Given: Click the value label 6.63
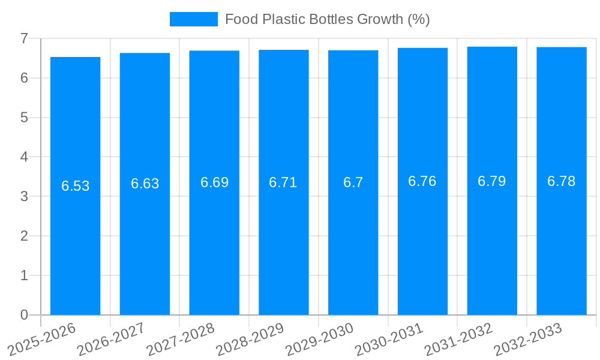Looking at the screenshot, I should (x=145, y=184).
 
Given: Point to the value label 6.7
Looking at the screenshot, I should (x=353, y=182).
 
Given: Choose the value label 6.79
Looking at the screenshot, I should (x=491, y=181).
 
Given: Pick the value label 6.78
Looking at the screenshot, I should (x=561, y=181).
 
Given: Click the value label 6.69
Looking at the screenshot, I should (x=214, y=182).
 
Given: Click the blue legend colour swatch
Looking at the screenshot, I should (x=193, y=19).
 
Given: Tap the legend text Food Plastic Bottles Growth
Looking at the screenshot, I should (x=327, y=19).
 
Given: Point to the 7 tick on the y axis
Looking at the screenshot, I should (x=24, y=38).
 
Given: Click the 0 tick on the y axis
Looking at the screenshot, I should (x=24, y=315).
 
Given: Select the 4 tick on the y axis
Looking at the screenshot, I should (x=24, y=157).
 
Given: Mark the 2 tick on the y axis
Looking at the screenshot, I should (x=24, y=236).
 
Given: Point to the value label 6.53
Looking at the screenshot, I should (x=75, y=186).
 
